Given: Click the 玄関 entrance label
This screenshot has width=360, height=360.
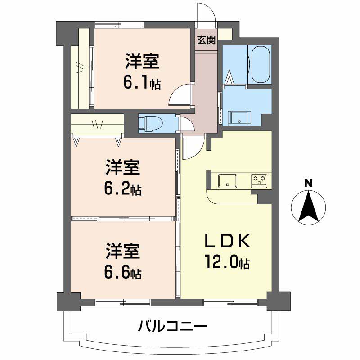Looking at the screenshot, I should (x=206, y=40).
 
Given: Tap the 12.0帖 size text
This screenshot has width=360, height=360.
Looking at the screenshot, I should (x=228, y=262).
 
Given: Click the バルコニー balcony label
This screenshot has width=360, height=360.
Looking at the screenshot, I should (x=173, y=325).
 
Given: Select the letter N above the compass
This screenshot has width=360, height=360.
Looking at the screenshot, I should (x=308, y=183).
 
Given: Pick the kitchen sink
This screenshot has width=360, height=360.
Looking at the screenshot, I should (x=229, y=181).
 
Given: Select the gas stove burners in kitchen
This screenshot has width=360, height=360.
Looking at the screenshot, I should (x=259, y=180).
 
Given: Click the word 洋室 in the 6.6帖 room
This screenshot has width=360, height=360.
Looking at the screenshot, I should (x=123, y=252).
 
